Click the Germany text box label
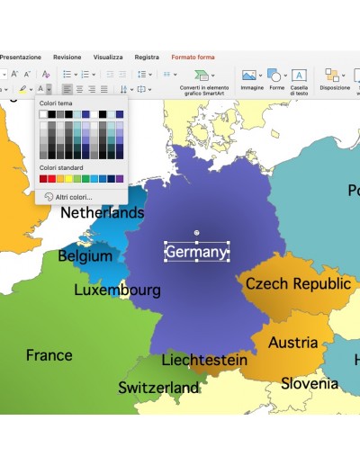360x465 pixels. point(196,252)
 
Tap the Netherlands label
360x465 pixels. point(102,213)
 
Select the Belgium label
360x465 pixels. point(85,256)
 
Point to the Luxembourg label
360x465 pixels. point(117,291)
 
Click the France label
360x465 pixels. point(49,355)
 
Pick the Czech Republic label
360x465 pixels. point(298,284)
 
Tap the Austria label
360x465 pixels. point(292,343)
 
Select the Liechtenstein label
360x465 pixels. point(203,360)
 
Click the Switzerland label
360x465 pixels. point(158,388)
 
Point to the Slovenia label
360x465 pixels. point(309,384)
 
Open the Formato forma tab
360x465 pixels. point(193,57)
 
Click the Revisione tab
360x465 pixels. point(67,57)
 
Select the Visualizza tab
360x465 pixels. point(108,57)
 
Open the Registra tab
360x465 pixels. point(147,57)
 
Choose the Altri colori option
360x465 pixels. point(73,196)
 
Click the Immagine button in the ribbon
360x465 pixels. point(252,79)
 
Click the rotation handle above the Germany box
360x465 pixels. point(196,233)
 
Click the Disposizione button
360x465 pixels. point(335,79)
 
